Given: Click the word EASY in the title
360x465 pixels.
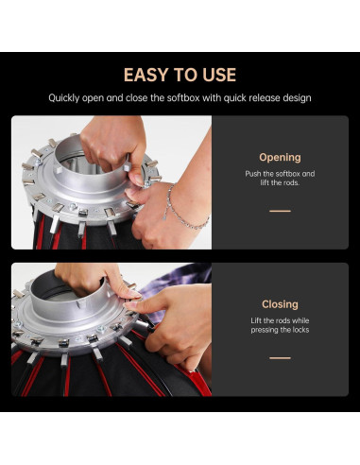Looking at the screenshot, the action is (146, 75).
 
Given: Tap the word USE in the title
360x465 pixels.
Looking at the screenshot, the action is (219, 75).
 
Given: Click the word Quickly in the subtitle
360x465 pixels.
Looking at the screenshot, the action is (64, 98).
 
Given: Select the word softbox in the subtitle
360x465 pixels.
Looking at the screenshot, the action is (183, 97).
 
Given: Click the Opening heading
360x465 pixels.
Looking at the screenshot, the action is (280, 157).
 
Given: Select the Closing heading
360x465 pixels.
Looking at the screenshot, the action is (280, 304).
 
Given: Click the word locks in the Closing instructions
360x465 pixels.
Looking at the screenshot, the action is (300, 330).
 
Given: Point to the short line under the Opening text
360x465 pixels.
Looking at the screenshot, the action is (280, 211).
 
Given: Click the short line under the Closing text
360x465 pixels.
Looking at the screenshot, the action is (280, 358).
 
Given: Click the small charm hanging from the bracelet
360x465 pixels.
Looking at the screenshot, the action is (164, 216).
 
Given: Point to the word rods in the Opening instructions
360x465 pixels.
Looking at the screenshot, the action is (291, 182).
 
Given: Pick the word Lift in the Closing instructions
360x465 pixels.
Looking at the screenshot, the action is (256, 320).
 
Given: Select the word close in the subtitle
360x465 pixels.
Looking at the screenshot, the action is (136, 97).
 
